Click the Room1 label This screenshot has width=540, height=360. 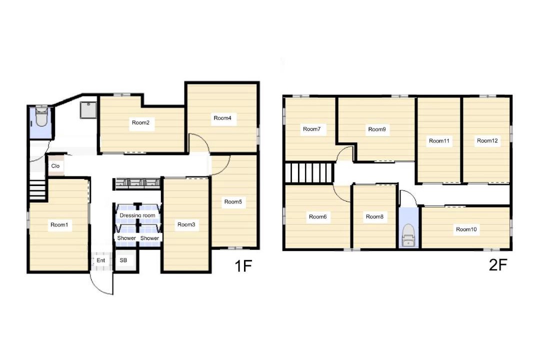click(59, 225)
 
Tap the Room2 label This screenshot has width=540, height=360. click(140, 122)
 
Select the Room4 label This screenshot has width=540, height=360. click(222, 118)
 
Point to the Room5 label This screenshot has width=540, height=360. click(233, 202)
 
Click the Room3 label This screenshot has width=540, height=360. click(186, 224)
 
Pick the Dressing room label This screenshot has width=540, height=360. click(137, 215)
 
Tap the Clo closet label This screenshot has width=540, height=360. click(55, 166)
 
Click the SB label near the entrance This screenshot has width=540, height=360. click(123, 260)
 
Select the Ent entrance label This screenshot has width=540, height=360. click(101, 260)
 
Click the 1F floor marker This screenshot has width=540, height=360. click(243, 266)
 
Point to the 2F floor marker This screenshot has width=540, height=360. click(498, 265)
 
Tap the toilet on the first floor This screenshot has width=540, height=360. click(41, 116)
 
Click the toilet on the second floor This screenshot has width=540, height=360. click(408, 235)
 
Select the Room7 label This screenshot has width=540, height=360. click(311, 129)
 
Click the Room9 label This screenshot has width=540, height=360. click(377, 129)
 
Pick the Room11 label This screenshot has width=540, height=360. click(439, 141)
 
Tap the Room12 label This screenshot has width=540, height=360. click(487, 140)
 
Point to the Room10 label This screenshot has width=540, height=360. click(466, 229)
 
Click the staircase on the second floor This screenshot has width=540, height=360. click(309, 172)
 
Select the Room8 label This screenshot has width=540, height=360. click(374, 216)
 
